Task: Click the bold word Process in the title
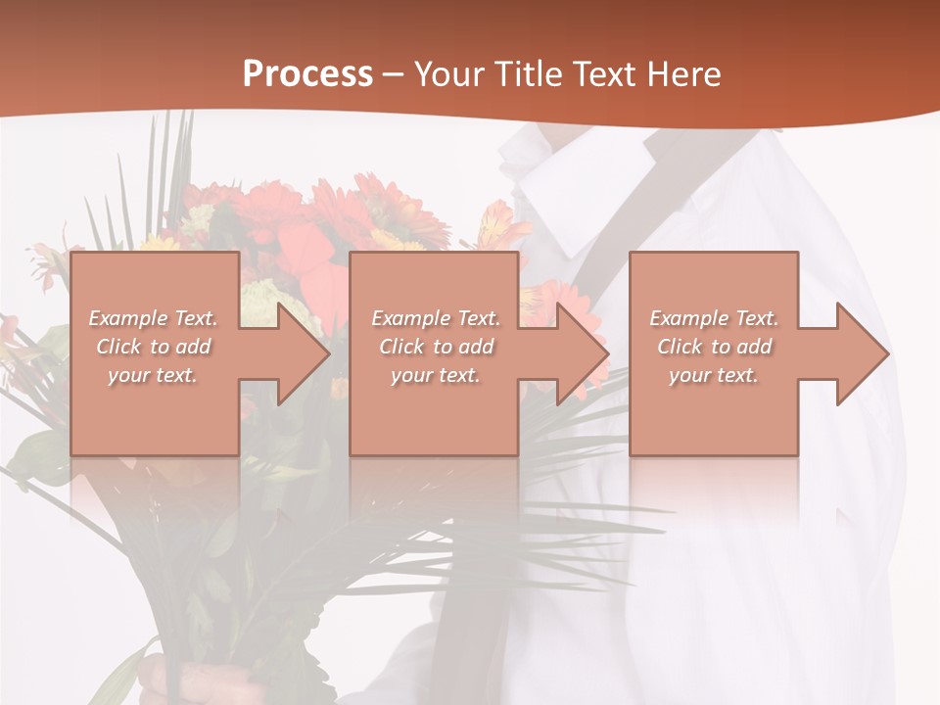(307, 74)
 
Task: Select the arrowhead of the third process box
(861, 353)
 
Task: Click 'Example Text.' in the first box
(154, 318)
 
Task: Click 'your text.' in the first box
(153, 374)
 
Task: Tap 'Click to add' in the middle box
(436, 347)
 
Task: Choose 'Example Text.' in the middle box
(436, 318)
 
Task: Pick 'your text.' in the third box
(714, 374)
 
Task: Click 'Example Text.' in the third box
(714, 318)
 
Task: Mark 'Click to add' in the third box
(714, 347)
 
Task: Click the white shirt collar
(548, 196)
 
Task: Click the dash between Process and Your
(393, 74)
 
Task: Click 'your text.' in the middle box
(436, 374)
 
